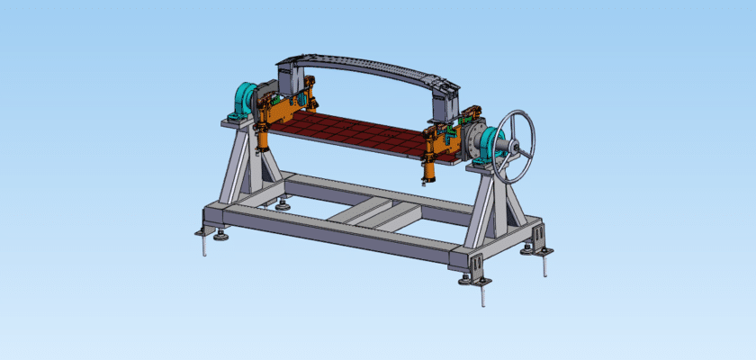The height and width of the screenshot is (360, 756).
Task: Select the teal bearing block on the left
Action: (243, 99)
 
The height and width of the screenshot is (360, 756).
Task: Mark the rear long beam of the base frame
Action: (378, 191)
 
